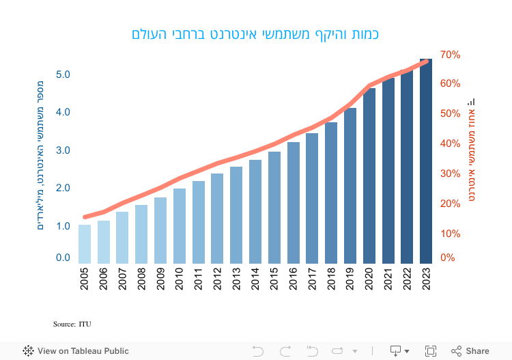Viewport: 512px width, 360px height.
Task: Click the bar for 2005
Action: pos(85,244)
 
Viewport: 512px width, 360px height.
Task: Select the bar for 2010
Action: pos(180,226)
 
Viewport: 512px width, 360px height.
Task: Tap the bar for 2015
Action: pos(274,208)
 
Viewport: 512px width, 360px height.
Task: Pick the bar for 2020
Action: pos(369,176)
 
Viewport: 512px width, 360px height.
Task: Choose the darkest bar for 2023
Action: pos(426,161)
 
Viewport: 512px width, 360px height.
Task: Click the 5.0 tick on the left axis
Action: pos(63,74)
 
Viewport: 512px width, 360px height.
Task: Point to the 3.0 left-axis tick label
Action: pos(63,150)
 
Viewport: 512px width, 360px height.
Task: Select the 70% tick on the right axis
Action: pos(451,54)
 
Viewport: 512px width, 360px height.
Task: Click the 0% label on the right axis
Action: pos(448,258)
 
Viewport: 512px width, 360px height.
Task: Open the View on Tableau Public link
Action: pos(76,351)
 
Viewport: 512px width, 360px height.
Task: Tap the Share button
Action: pos(470,351)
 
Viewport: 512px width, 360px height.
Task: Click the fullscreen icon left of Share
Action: pos(431,351)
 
